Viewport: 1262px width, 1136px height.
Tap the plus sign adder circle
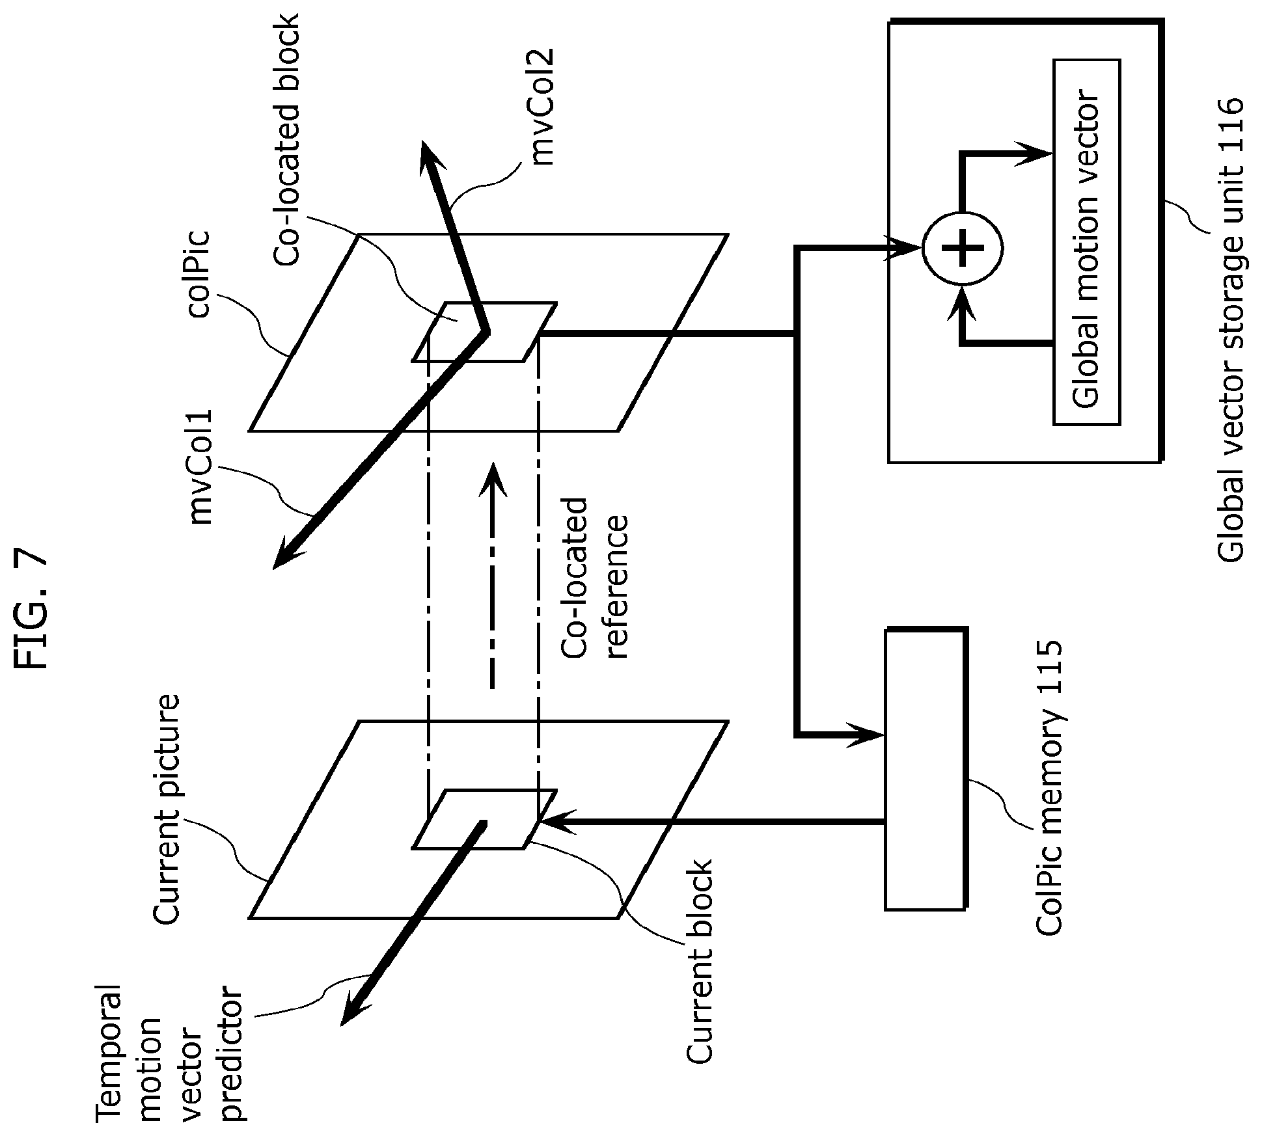963,248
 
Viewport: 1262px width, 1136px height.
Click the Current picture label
165,809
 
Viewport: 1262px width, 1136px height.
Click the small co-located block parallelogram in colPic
485,332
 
